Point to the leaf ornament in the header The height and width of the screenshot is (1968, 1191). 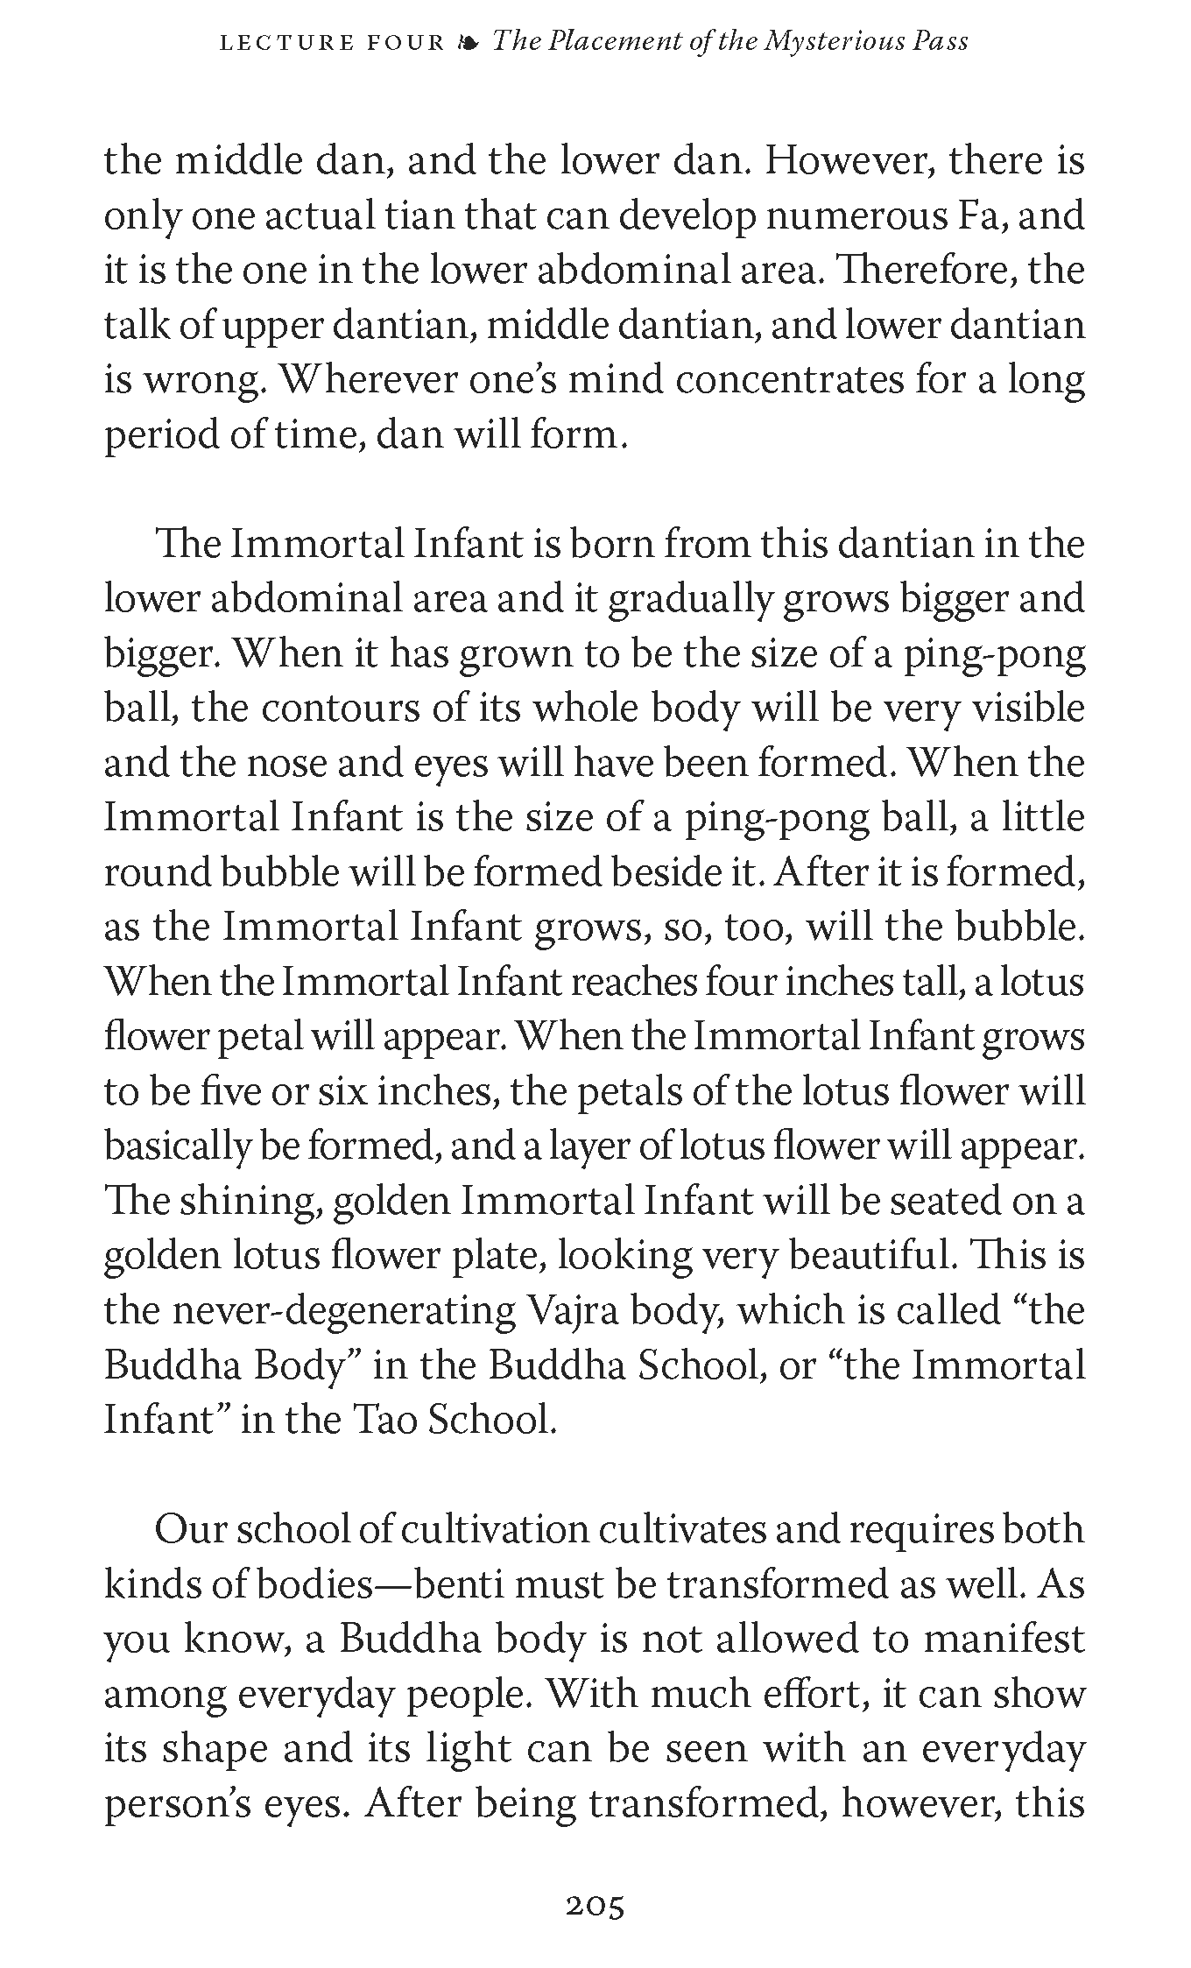pos(469,42)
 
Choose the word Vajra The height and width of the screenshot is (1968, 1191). pos(575,1310)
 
